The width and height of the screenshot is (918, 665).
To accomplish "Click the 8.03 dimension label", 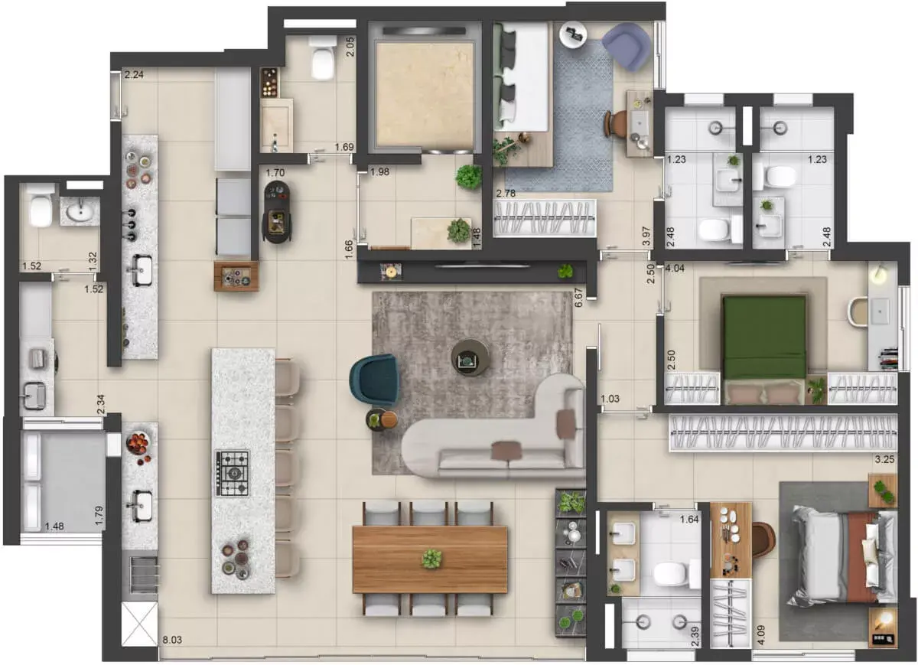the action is (172, 640).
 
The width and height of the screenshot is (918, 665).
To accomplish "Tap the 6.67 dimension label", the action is (578, 298).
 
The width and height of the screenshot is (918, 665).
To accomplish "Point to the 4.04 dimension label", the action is (675, 269).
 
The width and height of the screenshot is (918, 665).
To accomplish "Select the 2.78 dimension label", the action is (506, 193).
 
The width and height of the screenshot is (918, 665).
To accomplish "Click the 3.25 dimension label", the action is (884, 459).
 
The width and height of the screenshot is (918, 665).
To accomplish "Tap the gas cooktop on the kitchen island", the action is (233, 474).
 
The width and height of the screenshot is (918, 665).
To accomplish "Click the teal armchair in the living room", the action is (374, 380).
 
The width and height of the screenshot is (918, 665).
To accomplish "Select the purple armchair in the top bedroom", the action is (626, 47).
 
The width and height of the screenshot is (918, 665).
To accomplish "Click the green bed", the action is (764, 337).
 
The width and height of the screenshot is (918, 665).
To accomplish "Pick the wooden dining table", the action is (430, 559).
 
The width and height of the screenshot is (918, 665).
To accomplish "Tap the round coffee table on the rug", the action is (470, 357).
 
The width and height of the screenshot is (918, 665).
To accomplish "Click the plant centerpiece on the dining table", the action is (431, 559).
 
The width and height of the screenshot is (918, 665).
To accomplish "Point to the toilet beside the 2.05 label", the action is (322, 57).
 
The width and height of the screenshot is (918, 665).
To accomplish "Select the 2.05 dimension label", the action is (350, 47).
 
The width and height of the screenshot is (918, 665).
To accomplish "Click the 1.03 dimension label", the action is (610, 399).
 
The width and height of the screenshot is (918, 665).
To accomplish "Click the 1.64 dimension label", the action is (689, 519).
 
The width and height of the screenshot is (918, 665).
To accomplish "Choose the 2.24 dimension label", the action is (134, 75).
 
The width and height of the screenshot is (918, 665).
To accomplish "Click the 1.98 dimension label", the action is (379, 171).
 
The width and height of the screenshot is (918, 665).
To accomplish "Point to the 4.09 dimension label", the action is (761, 635).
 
